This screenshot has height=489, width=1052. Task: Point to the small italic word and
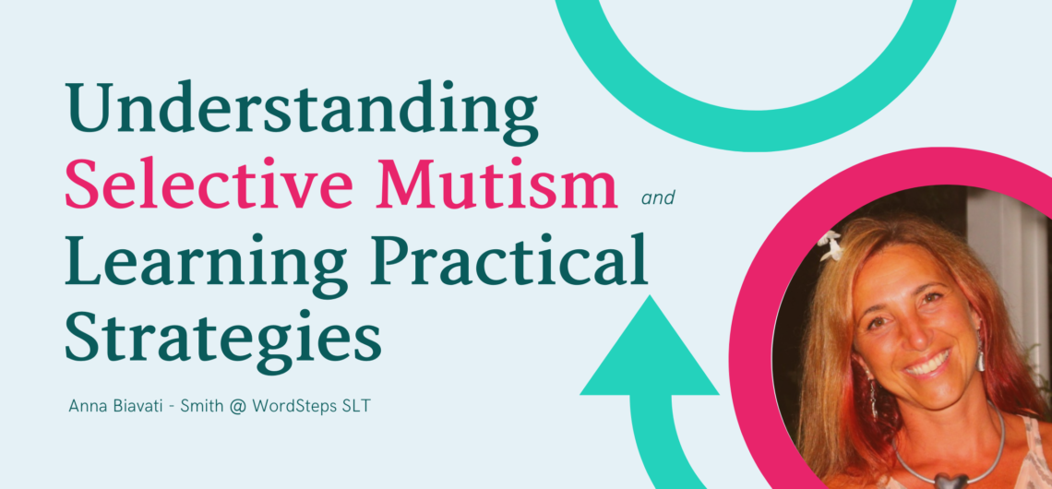click(x=657, y=198)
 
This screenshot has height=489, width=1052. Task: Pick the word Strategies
click(x=222, y=338)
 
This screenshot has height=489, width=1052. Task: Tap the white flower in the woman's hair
click(x=831, y=246)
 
